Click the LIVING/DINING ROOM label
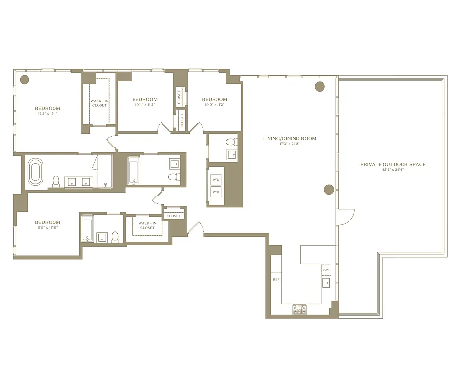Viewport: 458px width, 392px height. [x=290, y=139]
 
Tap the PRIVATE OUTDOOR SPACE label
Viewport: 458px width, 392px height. [x=393, y=165]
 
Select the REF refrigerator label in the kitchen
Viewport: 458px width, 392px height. [x=275, y=279]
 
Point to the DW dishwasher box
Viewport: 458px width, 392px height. [x=326, y=270]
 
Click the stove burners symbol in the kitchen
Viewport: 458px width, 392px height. [x=298, y=309]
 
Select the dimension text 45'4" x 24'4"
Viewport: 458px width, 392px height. [x=393, y=170]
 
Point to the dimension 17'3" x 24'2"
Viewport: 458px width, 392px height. [x=290, y=144]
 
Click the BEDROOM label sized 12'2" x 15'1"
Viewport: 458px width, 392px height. [x=48, y=108]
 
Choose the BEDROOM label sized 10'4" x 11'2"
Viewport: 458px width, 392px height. [x=145, y=100]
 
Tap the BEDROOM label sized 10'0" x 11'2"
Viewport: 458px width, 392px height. [x=215, y=100]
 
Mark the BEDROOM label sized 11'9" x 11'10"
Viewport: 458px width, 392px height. [x=48, y=222]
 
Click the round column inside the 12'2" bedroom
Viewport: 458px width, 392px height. [x=24, y=79]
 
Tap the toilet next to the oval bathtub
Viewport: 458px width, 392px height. [x=56, y=181]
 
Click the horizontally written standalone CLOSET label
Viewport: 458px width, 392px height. [x=174, y=216]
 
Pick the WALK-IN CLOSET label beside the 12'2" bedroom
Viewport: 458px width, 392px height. [x=99, y=103]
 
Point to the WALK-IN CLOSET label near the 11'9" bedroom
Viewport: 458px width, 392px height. [x=147, y=226]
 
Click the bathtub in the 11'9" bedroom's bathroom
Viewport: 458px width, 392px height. [x=87, y=229]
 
